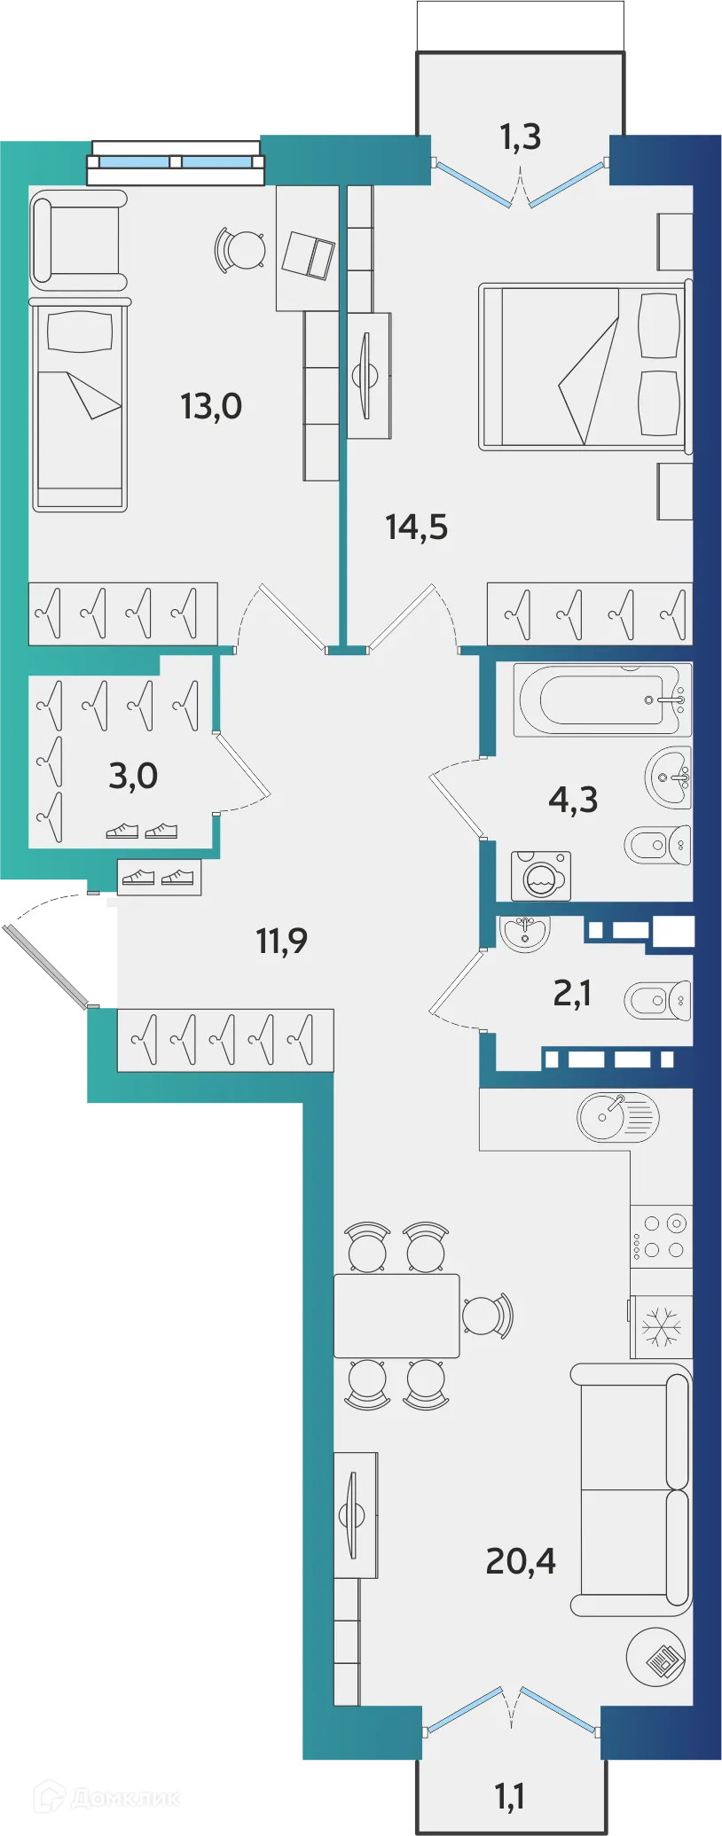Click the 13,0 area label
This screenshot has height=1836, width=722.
click(211, 407)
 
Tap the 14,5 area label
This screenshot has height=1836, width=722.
click(416, 527)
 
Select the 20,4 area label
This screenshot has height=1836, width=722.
click(521, 1560)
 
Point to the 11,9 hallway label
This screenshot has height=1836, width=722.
click(282, 941)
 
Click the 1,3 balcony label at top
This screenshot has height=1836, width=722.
click(520, 137)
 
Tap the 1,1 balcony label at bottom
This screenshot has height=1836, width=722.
click(509, 1796)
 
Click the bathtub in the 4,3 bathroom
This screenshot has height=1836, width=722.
click(601, 699)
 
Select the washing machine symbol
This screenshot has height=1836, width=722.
click(541, 877)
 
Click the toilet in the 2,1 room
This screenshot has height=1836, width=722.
click(656, 1001)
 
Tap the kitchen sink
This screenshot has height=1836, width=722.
click(617, 1116)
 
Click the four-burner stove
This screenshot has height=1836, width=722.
click(661, 1237)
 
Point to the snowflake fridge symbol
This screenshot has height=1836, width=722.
click(662, 1327)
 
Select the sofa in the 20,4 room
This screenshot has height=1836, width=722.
click(632, 1489)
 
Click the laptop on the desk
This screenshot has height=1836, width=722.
click(307, 255)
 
